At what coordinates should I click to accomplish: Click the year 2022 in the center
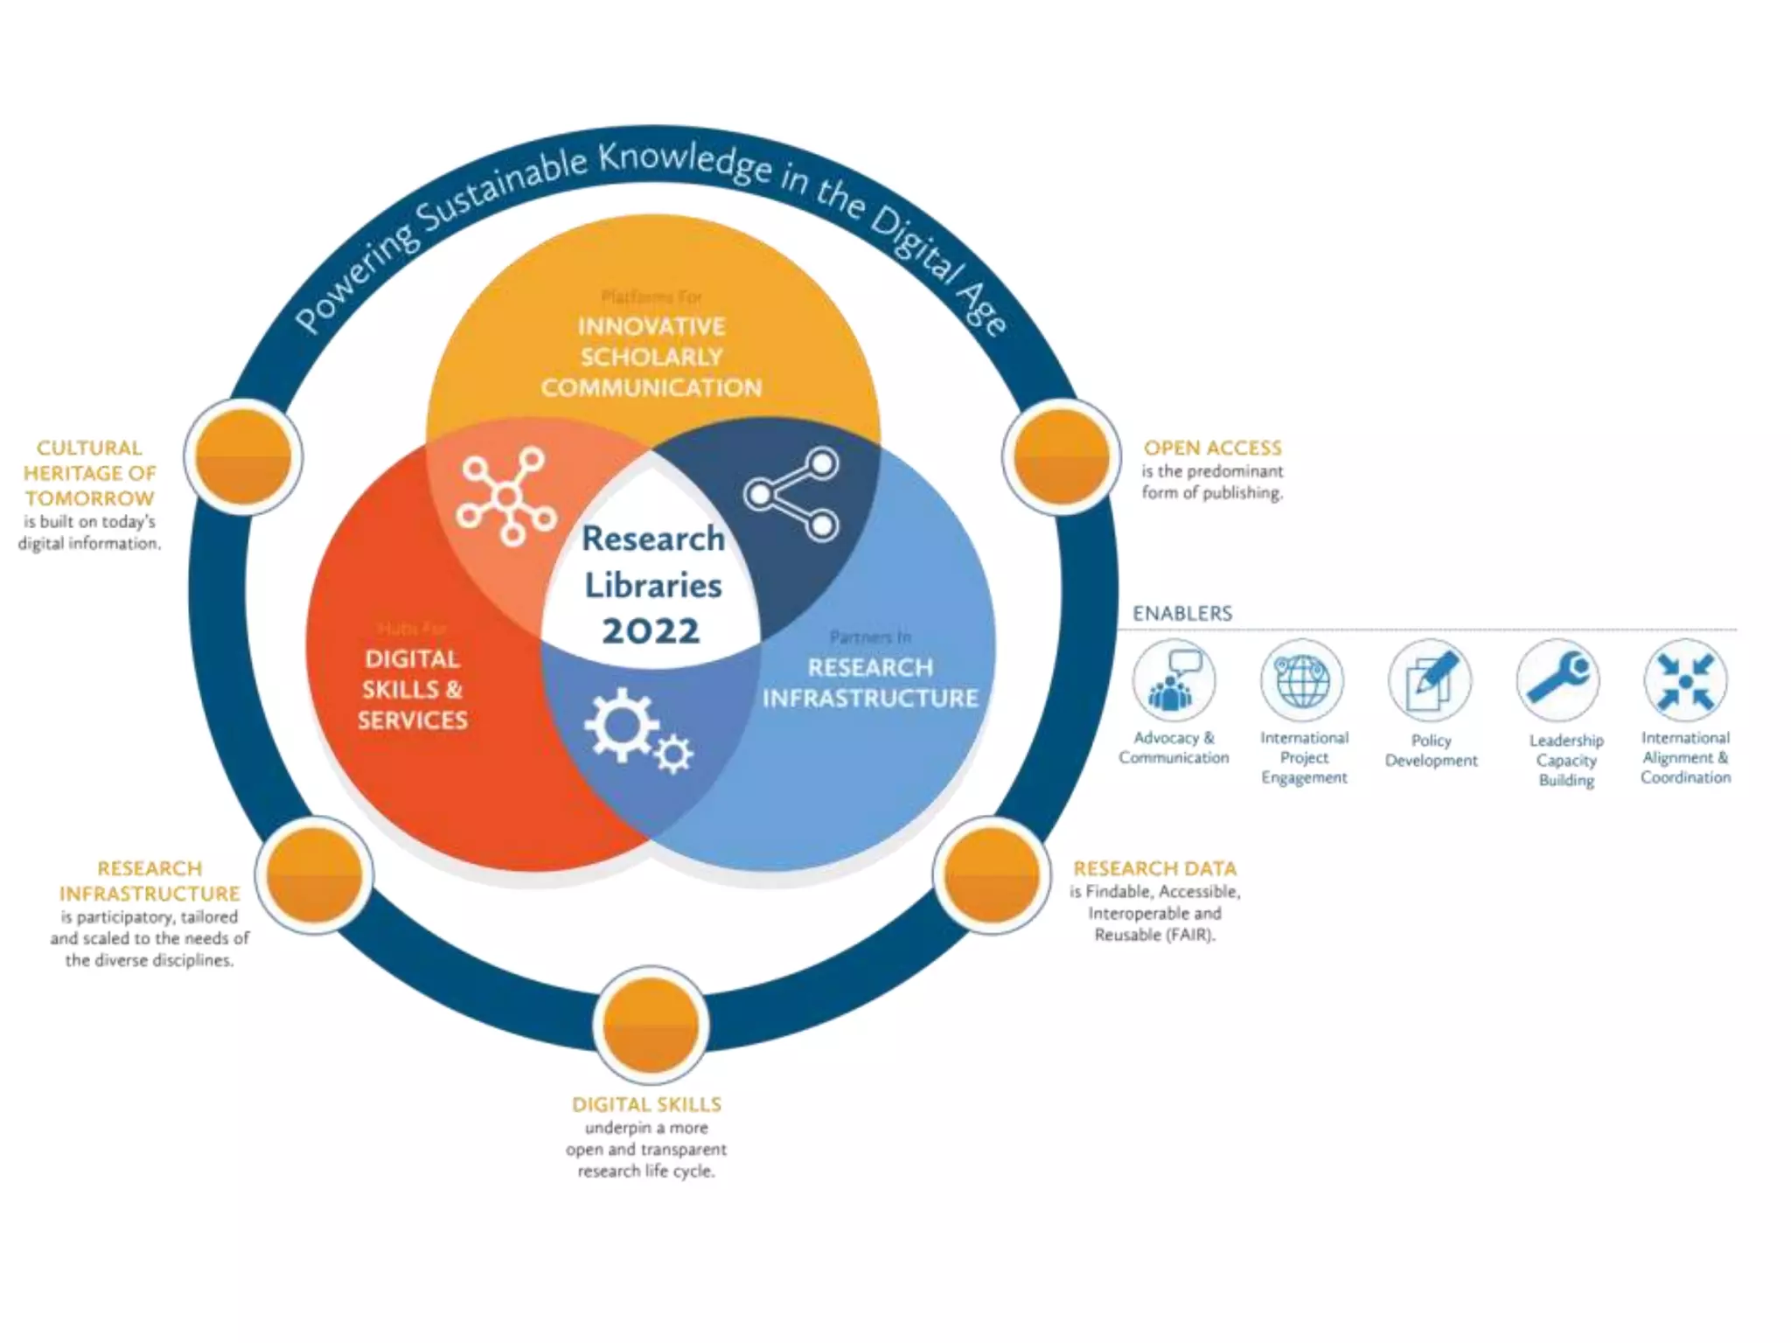pyautogui.click(x=652, y=631)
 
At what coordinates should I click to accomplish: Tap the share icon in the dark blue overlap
pyautogui.click(x=791, y=494)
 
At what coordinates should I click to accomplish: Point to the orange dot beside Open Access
pyautogui.click(x=1061, y=456)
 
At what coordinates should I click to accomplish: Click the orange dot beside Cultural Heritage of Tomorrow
pyautogui.click(x=243, y=456)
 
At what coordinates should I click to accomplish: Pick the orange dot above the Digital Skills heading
pyautogui.click(x=651, y=1023)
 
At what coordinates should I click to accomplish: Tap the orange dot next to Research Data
pyautogui.click(x=992, y=874)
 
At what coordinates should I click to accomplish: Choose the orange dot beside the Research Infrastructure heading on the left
pyautogui.click(x=314, y=874)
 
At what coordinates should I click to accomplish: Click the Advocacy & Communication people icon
pyautogui.click(x=1174, y=681)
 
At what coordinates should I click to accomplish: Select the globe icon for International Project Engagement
pyautogui.click(x=1302, y=681)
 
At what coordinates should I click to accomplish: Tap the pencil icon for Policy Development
pyautogui.click(x=1430, y=681)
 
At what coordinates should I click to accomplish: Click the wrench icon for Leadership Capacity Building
pyautogui.click(x=1558, y=681)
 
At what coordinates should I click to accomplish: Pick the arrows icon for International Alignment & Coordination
pyautogui.click(x=1685, y=681)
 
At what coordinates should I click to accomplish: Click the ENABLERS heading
pyautogui.click(x=1182, y=614)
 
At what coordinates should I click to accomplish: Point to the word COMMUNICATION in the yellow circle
pyautogui.click(x=652, y=387)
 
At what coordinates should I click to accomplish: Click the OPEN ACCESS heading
pyautogui.click(x=1212, y=448)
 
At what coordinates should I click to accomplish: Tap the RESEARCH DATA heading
pyautogui.click(x=1154, y=868)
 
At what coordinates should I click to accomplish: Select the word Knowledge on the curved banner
pyautogui.click(x=685, y=164)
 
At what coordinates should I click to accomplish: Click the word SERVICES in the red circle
pyautogui.click(x=413, y=720)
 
